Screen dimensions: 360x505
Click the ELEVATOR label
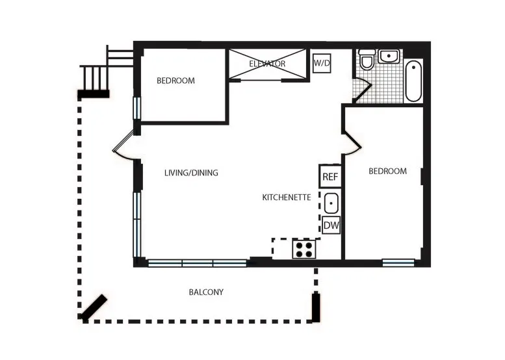coord(267,64)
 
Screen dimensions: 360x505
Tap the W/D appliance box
coord(321,63)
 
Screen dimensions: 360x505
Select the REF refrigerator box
coord(330,176)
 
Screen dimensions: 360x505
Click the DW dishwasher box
coord(331,225)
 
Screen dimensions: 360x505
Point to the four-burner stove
coord(304,249)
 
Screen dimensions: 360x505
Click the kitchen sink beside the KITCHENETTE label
coord(331,203)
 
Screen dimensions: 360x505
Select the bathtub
coord(413,81)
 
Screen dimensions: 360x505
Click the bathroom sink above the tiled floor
coord(389,57)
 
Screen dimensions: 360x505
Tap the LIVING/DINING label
coord(191,173)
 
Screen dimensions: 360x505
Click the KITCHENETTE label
coord(287,197)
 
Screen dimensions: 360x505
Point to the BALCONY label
coord(206,292)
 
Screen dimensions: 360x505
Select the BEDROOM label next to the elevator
coord(175,81)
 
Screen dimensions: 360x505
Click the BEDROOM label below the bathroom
coord(387,172)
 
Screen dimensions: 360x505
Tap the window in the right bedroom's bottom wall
coord(398,263)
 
